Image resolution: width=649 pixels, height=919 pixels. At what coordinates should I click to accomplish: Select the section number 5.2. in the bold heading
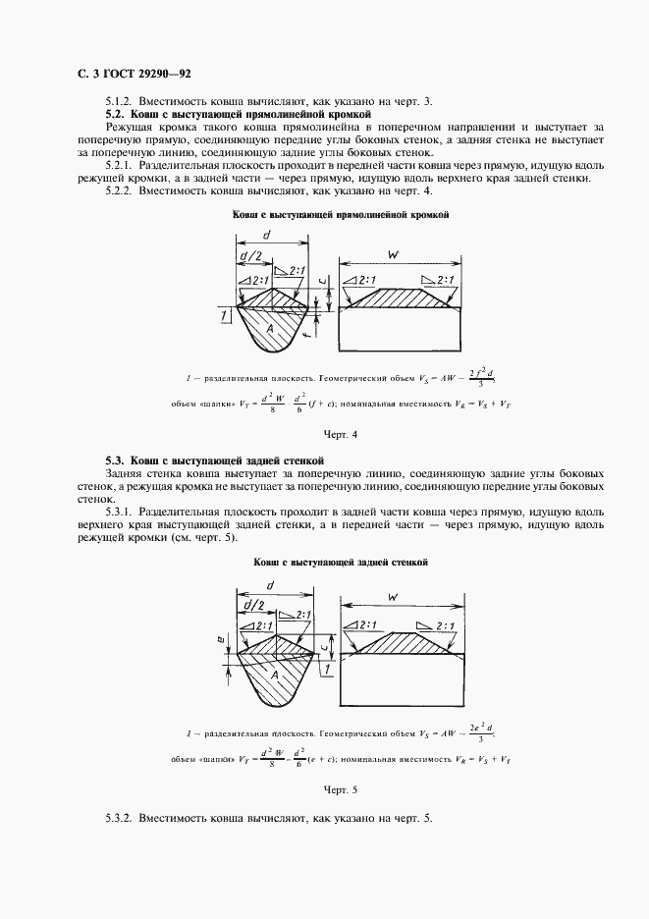[116, 115]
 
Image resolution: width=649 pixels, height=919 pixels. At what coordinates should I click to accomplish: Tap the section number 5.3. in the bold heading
[116, 460]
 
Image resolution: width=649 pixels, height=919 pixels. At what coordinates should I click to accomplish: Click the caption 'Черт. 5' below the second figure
[341, 788]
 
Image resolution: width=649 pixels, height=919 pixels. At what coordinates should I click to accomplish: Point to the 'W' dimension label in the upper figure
[393, 255]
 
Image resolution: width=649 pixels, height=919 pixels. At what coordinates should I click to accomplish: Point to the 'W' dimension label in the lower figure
[393, 597]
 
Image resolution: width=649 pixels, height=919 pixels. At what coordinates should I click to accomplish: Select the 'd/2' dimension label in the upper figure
[251, 258]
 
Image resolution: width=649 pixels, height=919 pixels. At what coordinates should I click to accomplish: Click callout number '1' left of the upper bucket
[225, 315]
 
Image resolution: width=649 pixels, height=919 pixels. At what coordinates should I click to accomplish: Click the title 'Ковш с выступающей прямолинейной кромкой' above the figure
[341, 215]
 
